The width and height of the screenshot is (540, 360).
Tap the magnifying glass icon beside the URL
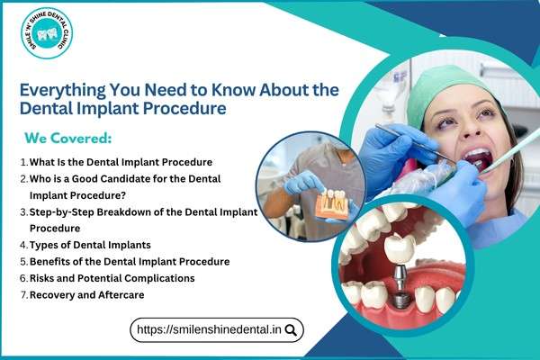291,330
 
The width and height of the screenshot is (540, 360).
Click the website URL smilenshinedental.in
209,330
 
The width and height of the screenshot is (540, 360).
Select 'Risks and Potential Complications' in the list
112,278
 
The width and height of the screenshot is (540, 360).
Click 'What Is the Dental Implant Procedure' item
121,162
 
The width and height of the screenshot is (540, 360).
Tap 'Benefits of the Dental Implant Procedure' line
129,261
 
